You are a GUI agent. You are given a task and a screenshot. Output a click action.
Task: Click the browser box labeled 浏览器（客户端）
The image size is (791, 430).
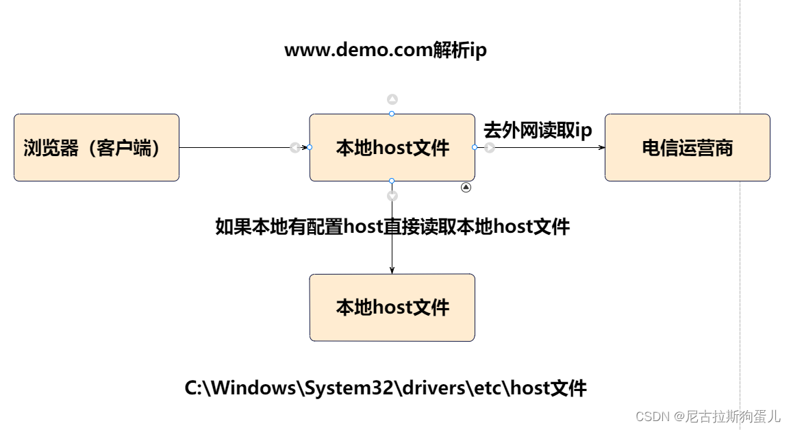pos(97,147)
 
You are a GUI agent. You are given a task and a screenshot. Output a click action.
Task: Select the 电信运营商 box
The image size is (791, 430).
pos(687,147)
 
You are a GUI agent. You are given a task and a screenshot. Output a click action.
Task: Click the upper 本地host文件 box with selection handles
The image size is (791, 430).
pos(392,147)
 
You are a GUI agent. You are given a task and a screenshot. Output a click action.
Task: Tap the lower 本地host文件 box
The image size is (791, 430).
pos(392,307)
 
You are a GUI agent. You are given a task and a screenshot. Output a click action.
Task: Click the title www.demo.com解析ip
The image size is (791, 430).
pos(386,51)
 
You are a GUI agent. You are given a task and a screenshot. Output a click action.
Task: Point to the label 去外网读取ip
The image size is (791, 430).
pos(538,129)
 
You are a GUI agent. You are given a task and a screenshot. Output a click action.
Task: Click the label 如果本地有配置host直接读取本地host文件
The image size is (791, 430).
pos(392,227)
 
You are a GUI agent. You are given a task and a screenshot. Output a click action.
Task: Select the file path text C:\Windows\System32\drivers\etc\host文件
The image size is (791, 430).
pos(386,389)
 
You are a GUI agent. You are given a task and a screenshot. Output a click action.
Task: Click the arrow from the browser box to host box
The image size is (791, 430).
pos(233,147)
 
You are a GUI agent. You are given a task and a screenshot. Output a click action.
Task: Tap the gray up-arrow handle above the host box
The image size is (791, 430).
pos(392,99)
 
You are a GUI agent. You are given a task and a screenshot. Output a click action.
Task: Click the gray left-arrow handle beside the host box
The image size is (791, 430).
pos(294,147)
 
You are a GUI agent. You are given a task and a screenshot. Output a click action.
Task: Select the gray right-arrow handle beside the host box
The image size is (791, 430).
pos(490,147)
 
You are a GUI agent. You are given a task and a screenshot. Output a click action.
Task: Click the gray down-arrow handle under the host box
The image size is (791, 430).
pos(392,196)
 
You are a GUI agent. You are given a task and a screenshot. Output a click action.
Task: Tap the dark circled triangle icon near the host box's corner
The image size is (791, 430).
pos(466,187)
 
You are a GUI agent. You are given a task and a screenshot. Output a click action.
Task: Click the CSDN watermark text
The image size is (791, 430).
pos(707,416)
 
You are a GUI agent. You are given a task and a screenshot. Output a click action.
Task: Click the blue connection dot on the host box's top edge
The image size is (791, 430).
pos(392,114)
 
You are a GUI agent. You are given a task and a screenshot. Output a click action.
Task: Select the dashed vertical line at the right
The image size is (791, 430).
pos(740,205)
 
